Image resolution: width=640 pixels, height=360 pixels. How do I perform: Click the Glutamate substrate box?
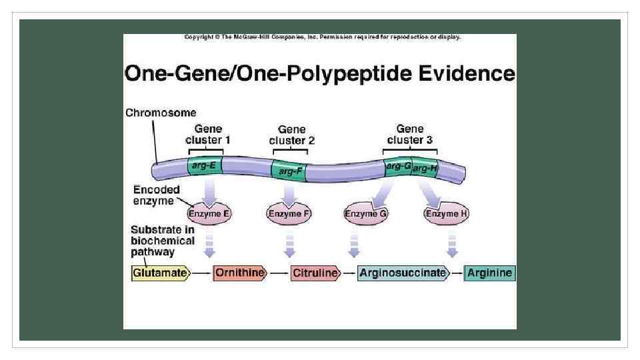click(x=160, y=273)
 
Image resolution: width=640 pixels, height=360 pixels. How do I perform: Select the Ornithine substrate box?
click(x=239, y=273)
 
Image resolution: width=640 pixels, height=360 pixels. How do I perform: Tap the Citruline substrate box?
click(x=315, y=273)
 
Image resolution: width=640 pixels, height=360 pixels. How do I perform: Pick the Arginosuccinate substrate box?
click(x=402, y=273)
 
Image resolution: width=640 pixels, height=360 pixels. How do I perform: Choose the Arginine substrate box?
click(x=489, y=273)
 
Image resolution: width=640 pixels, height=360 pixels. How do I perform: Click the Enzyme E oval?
click(x=209, y=213)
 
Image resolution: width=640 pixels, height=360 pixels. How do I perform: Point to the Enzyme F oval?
click(x=289, y=213)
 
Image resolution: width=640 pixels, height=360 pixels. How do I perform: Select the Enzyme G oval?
click(x=366, y=213)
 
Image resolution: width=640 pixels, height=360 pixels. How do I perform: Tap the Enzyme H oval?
click(x=447, y=213)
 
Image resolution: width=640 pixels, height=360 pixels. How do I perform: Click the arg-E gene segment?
click(x=204, y=165)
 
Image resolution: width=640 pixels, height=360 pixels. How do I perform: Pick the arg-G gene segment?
click(x=398, y=166)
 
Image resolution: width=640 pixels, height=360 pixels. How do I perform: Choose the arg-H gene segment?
click(x=425, y=168)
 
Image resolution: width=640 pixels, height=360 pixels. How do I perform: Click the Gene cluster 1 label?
click(x=208, y=134)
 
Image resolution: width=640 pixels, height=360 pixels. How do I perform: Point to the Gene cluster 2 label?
click(x=291, y=135)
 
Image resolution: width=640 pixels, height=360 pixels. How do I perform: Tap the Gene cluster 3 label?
click(x=409, y=134)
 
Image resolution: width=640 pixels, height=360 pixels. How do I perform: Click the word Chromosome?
click(x=161, y=113)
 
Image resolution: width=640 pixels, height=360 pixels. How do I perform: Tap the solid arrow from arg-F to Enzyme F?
click(x=289, y=193)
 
